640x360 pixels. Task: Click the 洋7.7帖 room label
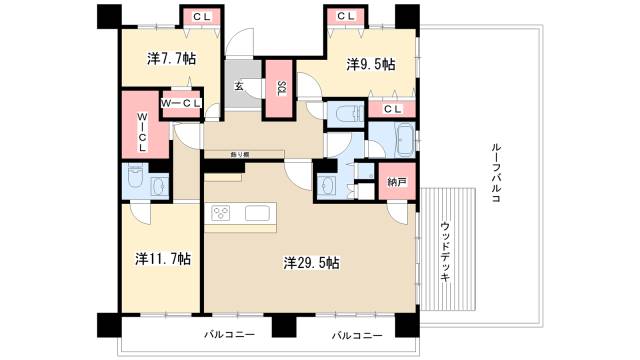(171, 59)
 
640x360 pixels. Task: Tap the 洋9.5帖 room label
(370, 64)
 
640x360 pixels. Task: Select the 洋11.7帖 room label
(163, 258)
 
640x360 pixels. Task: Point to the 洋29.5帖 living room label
(311, 263)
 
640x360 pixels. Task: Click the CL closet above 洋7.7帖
(202, 16)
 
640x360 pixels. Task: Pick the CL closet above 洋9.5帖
(346, 16)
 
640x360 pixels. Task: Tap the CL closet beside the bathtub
(392, 108)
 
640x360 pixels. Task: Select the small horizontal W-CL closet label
(180, 103)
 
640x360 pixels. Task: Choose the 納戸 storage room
(396, 181)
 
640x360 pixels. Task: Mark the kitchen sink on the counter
(257, 213)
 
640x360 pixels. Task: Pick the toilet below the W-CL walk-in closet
(158, 184)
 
